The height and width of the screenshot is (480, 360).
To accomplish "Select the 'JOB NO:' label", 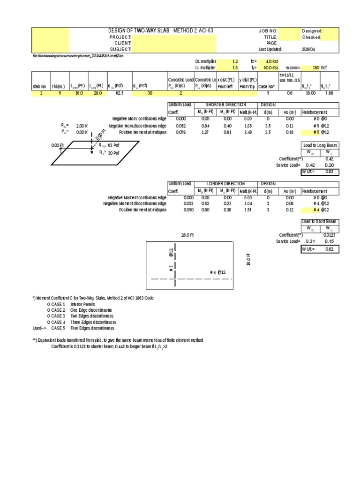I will click(268, 30).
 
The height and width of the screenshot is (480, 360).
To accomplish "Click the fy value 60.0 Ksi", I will click(270, 67).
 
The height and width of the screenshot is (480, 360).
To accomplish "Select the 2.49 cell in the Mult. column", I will click(248, 133).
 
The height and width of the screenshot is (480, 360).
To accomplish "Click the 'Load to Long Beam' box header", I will click(320, 146).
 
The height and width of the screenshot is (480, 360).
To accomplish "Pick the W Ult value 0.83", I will click(329, 172).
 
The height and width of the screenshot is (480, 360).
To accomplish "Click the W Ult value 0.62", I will click(329, 249).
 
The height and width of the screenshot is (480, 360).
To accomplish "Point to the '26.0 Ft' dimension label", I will click(187, 234).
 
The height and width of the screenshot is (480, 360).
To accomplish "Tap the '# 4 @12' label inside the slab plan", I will click(218, 272).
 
